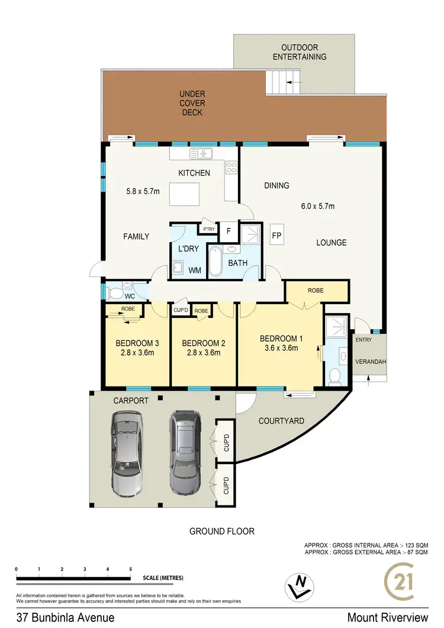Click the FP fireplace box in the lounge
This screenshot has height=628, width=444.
click(276, 234)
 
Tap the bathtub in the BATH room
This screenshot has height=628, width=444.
click(215, 261)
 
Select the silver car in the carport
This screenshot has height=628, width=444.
click(127, 453)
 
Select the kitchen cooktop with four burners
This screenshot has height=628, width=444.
click(231, 169)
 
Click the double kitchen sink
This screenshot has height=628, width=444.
click(201, 154)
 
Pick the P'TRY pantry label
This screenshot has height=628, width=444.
click(208, 228)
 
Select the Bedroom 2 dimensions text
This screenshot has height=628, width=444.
click(201, 353)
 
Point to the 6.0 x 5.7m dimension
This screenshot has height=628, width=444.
click(317, 207)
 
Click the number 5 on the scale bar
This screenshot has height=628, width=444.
click(130, 569)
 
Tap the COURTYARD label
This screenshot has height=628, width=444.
click(281, 421)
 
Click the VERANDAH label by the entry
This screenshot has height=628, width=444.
click(369, 361)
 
